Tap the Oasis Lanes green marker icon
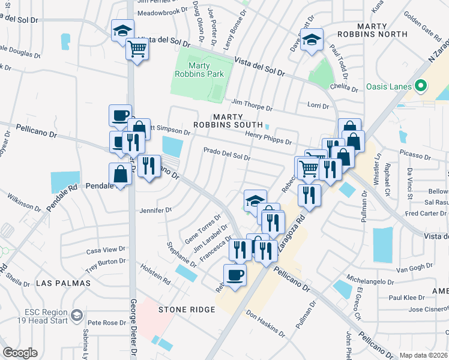pos(421,86)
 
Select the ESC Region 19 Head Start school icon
pos(77,315)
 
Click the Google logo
pos(20,353)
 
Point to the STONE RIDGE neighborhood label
pos(187,310)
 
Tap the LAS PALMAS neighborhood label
pos(63,283)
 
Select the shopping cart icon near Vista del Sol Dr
pos(137,49)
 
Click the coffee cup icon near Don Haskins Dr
pos(235,275)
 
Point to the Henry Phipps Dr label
pos(269,138)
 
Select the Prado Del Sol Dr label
pos(227,154)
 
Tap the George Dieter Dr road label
pos(133,325)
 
